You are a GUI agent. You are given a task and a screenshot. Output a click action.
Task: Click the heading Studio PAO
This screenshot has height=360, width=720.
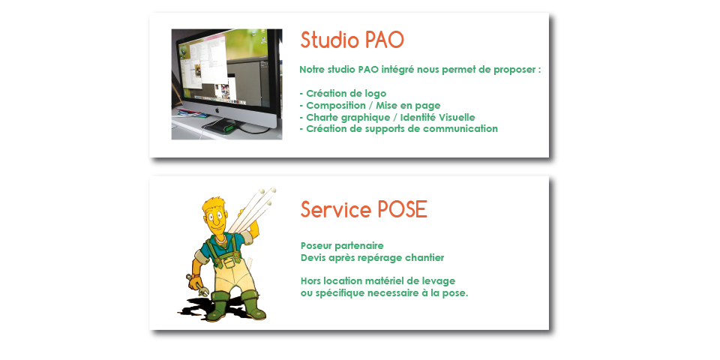point(352,40)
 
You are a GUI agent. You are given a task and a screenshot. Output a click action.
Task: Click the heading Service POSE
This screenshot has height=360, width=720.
point(364,209)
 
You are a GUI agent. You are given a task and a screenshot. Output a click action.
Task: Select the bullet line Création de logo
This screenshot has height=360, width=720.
point(343,94)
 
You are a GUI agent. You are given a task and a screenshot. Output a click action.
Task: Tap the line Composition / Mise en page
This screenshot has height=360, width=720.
point(370,106)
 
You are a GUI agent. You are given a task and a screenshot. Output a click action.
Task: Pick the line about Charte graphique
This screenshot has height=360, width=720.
point(387,117)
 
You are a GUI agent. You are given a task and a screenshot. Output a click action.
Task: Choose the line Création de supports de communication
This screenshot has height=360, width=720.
point(398,129)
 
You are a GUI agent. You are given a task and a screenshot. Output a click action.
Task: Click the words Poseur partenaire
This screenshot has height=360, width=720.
point(342,246)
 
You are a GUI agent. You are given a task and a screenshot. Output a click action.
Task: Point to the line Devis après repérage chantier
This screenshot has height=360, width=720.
point(373,257)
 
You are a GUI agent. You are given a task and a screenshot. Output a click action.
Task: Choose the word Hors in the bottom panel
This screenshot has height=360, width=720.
point(310,280)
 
